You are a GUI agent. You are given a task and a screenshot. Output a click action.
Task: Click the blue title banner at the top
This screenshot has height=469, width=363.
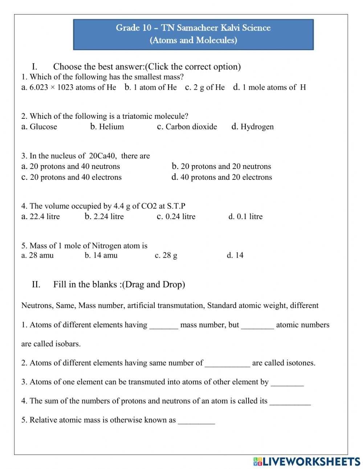(x=193, y=34)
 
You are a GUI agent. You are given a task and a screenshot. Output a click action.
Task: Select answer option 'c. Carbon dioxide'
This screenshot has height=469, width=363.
(x=187, y=127)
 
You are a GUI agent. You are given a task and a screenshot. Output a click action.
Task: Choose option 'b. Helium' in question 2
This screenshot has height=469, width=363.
(x=107, y=127)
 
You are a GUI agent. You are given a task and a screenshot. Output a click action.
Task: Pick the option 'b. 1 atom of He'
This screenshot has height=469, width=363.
(x=151, y=87)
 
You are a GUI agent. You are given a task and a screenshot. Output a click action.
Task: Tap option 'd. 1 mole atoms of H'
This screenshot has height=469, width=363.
(x=270, y=87)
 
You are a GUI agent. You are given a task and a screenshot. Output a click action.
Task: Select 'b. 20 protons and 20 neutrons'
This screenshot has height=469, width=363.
(x=221, y=166)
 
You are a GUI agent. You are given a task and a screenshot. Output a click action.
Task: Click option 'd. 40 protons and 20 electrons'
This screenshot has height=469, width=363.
(x=222, y=177)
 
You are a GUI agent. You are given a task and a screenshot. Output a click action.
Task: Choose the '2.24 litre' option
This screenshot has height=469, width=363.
(x=104, y=217)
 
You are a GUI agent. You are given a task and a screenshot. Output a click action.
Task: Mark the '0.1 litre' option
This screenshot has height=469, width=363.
(x=245, y=217)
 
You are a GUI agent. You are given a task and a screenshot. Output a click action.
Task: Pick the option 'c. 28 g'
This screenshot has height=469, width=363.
(x=166, y=255)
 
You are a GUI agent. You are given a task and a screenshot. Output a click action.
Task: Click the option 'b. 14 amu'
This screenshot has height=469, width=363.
(x=101, y=255)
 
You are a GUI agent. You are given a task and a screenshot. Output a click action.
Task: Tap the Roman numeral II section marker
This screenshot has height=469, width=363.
(x=36, y=284)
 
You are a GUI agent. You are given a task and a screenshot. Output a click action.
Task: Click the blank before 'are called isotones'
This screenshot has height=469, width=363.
(x=227, y=364)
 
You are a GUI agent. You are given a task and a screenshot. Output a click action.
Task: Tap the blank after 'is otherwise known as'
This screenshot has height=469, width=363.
(x=196, y=421)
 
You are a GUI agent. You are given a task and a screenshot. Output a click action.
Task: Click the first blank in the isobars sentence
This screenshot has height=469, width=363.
(x=164, y=326)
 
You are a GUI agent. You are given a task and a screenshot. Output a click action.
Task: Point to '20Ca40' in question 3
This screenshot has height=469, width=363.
(x=102, y=156)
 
